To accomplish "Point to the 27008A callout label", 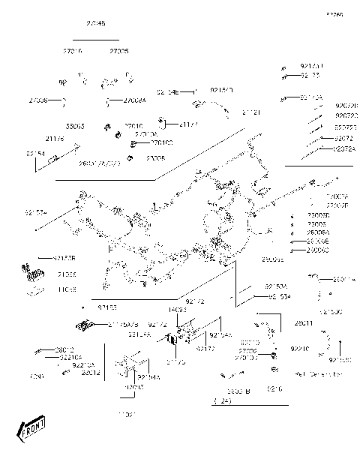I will (135, 100).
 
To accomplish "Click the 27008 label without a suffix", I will (39, 100).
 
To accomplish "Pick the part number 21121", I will (251, 112).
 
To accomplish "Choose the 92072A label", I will (346, 149).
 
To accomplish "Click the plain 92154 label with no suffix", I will (35, 153).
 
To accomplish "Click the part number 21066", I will (67, 274).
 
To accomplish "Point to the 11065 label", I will (67, 288).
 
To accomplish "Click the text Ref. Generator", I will (319, 373).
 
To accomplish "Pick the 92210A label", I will (84, 364).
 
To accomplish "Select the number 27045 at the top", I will (96, 24).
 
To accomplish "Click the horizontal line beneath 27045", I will (96, 39).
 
